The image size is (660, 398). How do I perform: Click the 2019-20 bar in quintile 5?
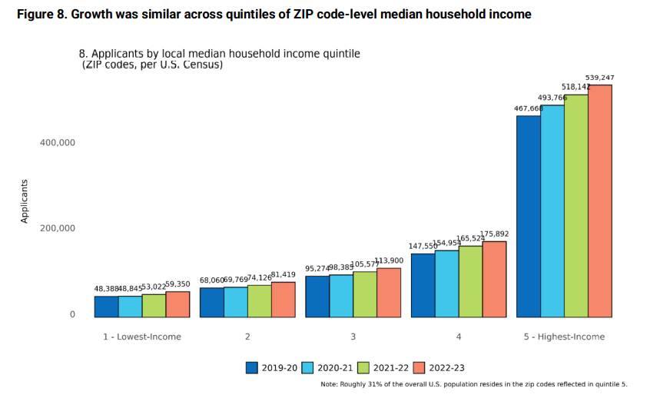(x=529, y=216)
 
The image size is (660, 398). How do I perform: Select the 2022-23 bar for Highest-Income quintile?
(x=599, y=201)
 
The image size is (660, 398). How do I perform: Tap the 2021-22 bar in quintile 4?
(x=470, y=281)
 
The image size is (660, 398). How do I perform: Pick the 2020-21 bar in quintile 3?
(x=341, y=296)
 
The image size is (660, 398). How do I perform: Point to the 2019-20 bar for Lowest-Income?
(x=106, y=307)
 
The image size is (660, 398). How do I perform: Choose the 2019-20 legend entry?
(x=271, y=367)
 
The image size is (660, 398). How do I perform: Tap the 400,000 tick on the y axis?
(x=56, y=143)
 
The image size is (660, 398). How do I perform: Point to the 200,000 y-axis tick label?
(x=56, y=228)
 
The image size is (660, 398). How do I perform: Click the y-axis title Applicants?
(x=24, y=201)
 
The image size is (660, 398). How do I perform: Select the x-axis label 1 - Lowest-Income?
(x=142, y=337)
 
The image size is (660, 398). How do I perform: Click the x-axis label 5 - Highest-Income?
(x=564, y=337)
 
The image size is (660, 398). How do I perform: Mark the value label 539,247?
(x=599, y=78)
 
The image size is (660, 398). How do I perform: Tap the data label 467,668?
(x=528, y=108)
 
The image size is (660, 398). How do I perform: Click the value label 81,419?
(x=284, y=274)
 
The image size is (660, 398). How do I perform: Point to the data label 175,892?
(x=494, y=234)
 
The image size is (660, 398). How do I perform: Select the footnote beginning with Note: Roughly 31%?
(x=473, y=384)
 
